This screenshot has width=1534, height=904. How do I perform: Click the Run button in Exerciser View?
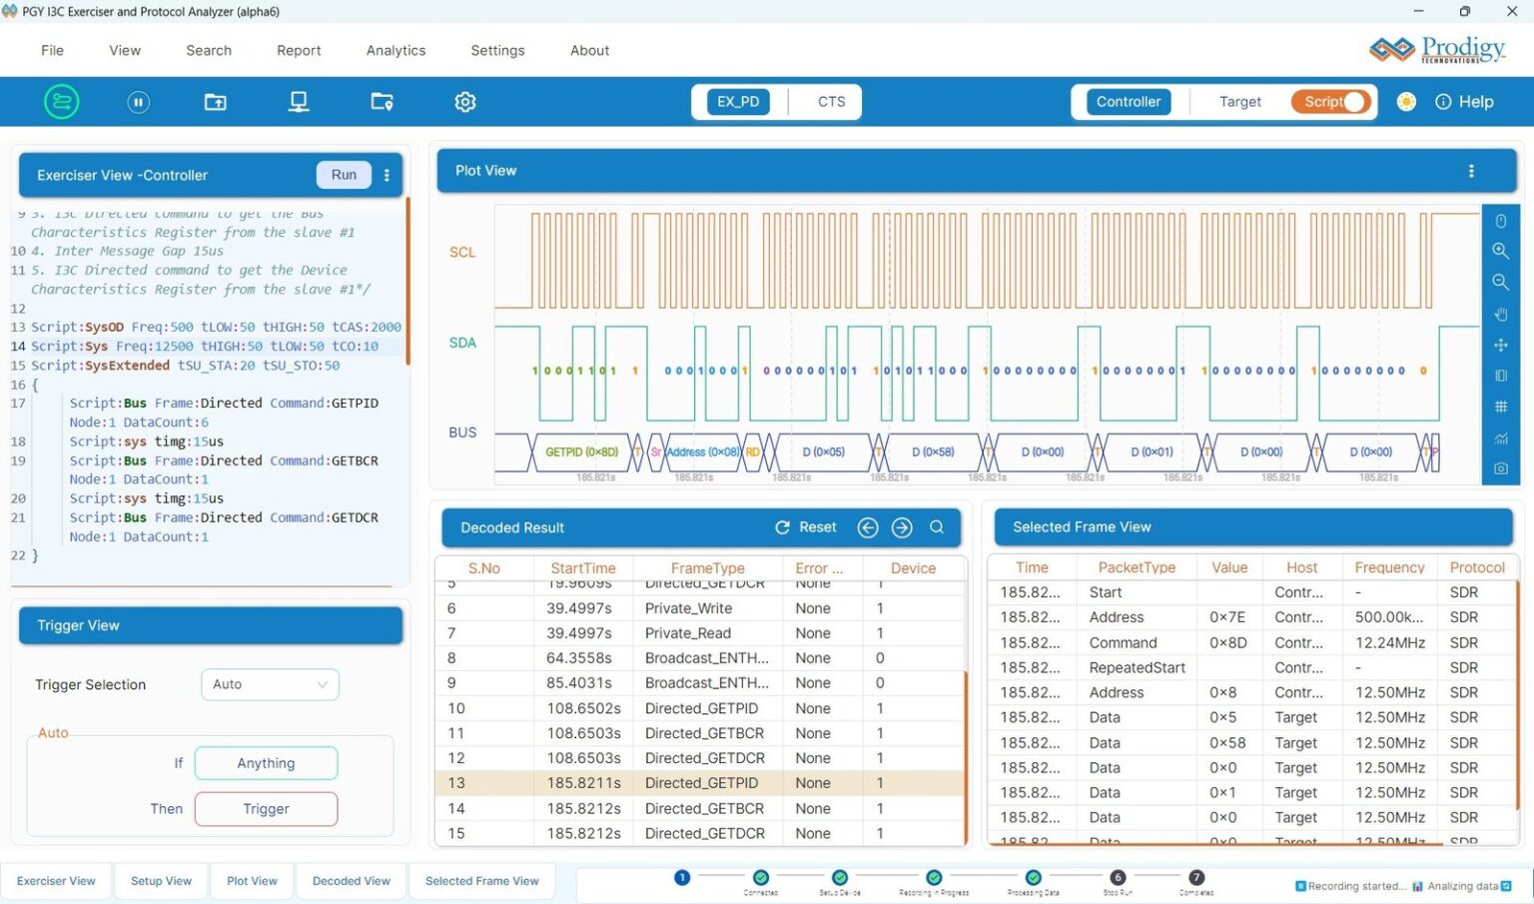344,175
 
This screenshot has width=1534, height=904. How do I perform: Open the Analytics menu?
395,51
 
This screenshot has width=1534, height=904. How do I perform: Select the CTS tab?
831,102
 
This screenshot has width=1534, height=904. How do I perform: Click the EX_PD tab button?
738,102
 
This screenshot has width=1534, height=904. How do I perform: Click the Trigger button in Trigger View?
266,809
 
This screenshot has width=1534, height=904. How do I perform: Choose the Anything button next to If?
266,763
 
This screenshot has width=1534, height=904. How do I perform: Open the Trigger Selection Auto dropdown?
270,684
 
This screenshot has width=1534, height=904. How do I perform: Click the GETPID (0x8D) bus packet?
581,452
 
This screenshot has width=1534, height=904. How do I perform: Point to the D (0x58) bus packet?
933,452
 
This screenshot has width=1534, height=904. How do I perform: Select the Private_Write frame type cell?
688,608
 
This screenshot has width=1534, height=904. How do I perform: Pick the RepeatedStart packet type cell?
1137,668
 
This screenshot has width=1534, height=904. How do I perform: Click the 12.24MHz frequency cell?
1388,643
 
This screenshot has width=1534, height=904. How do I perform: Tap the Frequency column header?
1389,567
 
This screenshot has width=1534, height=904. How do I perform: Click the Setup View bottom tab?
161,881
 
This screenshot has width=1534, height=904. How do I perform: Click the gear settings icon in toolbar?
465,102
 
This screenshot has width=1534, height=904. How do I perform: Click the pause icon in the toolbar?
139,102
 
